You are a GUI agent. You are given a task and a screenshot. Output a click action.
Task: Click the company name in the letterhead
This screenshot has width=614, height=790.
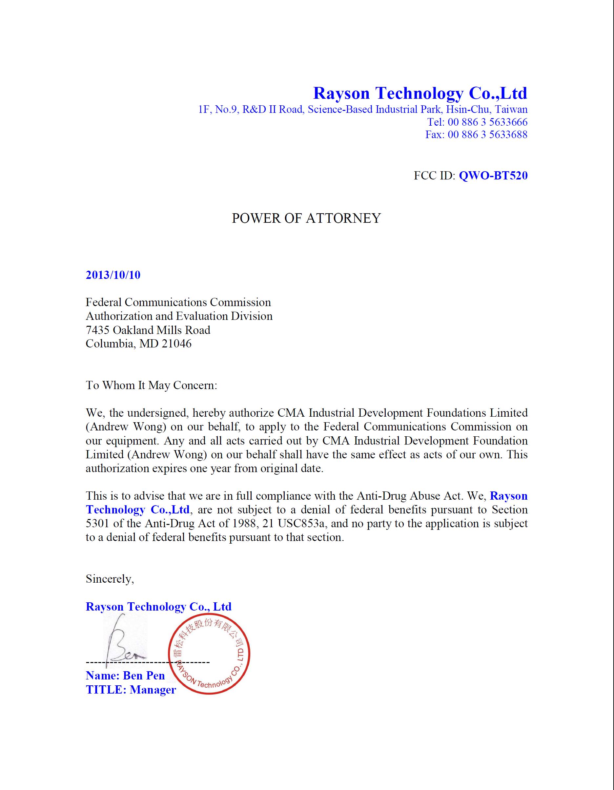pyautogui.click(x=420, y=93)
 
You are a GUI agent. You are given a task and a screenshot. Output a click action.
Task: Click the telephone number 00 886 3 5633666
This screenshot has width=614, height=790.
pyautogui.click(x=487, y=122)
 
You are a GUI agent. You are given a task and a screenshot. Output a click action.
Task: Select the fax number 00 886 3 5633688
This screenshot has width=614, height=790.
pyautogui.click(x=487, y=135)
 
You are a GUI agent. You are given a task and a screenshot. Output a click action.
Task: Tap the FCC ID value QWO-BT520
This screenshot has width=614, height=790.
pyautogui.click(x=493, y=176)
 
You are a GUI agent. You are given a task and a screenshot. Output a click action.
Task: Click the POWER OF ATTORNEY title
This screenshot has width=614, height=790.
pyautogui.click(x=306, y=218)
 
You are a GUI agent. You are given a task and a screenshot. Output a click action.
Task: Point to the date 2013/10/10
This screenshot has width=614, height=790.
pyautogui.click(x=113, y=275)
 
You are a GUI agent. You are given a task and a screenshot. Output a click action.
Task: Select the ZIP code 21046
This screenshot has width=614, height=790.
pyautogui.click(x=176, y=343)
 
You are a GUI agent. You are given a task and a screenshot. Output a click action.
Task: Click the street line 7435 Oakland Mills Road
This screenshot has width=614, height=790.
pyautogui.click(x=148, y=330)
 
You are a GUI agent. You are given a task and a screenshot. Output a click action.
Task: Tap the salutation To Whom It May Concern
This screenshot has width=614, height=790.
pyautogui.click(x=151, y=385)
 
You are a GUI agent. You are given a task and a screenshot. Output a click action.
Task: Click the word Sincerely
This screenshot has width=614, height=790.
pyautogui.click(x=110, y=579)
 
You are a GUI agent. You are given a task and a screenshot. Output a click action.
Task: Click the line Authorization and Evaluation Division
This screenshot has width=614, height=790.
pyautogui.click(x=179, y=316)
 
